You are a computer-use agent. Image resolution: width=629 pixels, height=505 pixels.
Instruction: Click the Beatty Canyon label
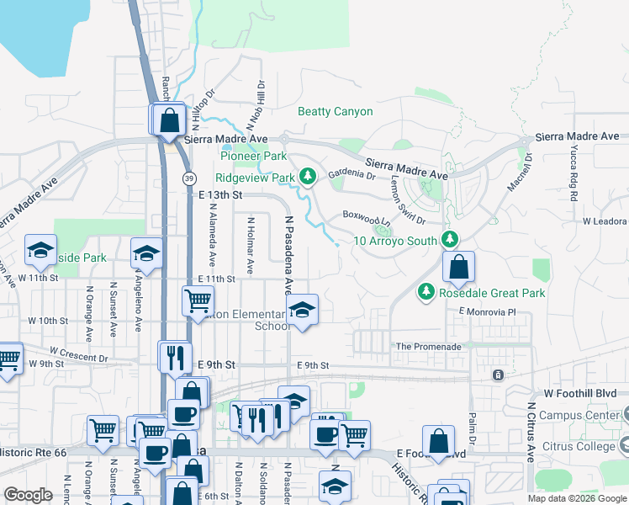point(336,111)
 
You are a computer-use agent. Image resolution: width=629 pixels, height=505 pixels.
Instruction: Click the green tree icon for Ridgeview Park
point(309,177)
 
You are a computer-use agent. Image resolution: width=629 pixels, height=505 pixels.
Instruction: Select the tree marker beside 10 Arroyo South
point(450,240)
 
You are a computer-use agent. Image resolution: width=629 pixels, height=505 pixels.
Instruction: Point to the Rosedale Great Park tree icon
point(426,292)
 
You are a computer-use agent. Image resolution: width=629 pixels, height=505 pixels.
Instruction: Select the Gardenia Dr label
point(351,175)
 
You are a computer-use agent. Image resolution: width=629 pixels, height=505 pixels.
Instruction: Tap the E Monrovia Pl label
point(486,311)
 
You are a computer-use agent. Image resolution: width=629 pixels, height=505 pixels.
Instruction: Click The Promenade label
point(428,347)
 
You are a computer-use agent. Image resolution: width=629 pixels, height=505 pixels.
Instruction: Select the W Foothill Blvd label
point(581,393)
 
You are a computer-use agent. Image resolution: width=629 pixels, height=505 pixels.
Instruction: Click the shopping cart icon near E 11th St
point(198,299)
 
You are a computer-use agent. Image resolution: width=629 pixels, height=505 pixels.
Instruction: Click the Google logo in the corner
point(28,495)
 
